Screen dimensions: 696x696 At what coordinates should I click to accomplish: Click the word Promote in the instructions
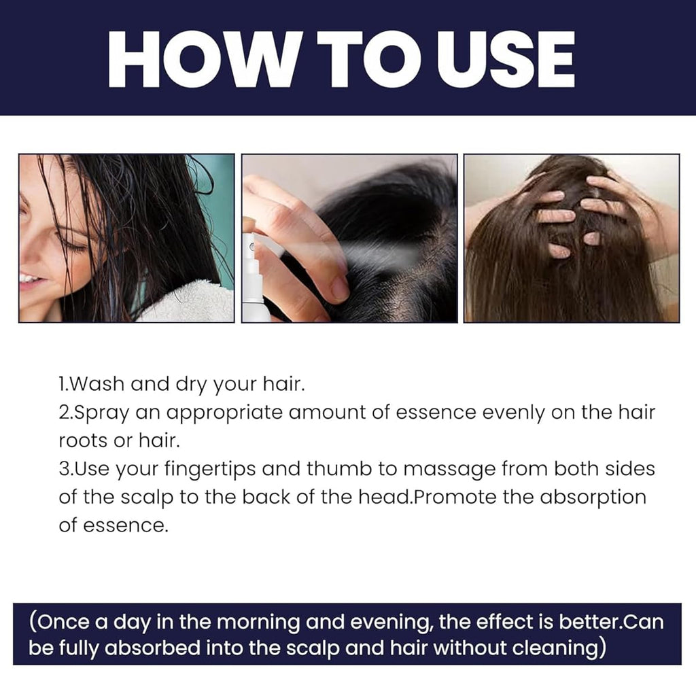point(455,497)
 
